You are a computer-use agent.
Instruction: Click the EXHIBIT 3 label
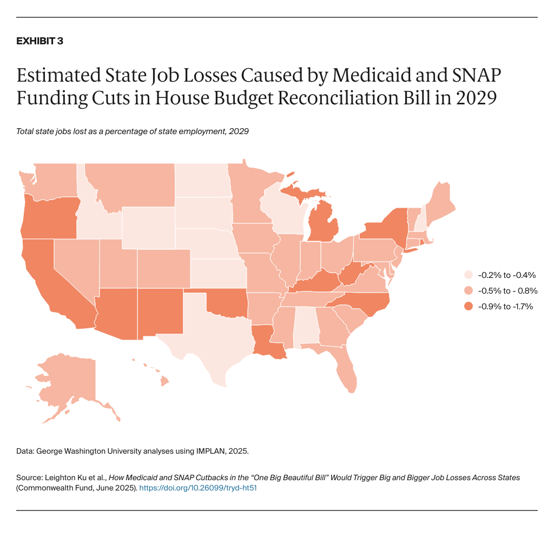click(x=39, y=42)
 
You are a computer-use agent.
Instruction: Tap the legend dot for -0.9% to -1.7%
click(x=469, y=306)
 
